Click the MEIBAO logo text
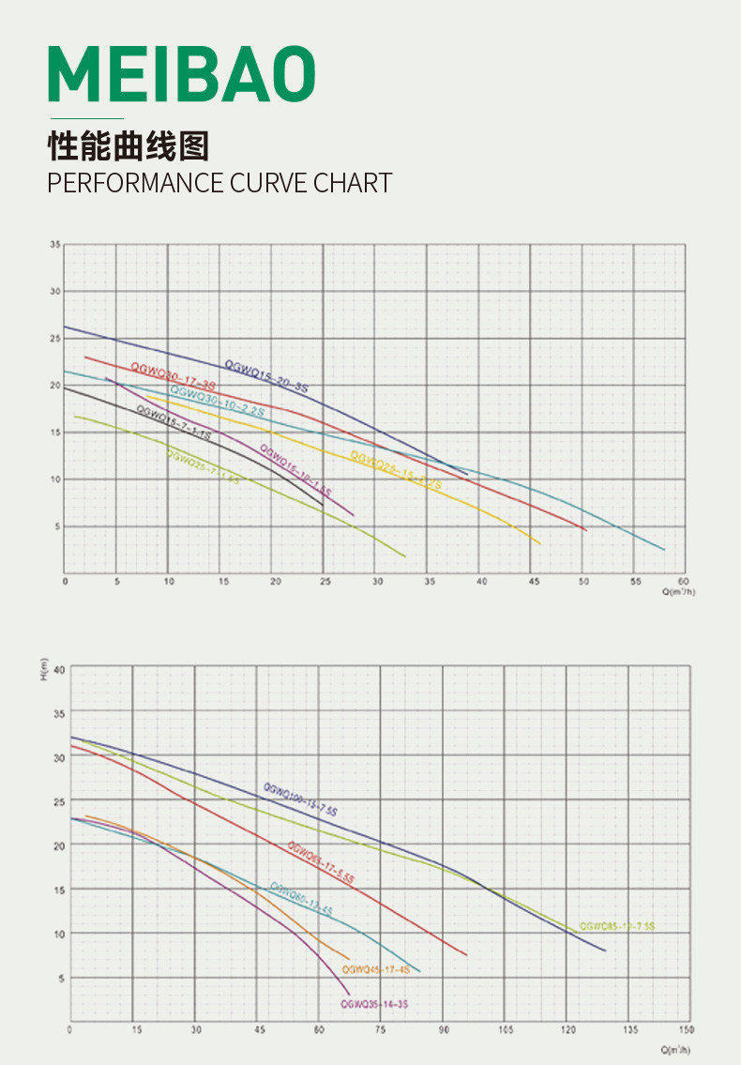(x=182, y=74)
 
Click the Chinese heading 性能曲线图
(x=129, y=147)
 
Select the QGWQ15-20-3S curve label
(x=266, y=376)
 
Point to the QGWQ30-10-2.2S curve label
(x=217, y=401)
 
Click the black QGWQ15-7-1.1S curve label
(x=174, y=423)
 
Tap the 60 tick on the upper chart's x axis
(x=683, y=582)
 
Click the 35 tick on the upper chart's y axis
(x=55, y=245)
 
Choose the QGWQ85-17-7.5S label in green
(x=617, y=926)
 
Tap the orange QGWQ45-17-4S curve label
(x=375, y=969)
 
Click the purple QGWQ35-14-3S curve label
(x=373, y=1004)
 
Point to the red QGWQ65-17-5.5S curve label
(x=321, y=863)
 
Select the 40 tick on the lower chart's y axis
(x=60, y=669)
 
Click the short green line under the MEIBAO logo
(x=85, y=119)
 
